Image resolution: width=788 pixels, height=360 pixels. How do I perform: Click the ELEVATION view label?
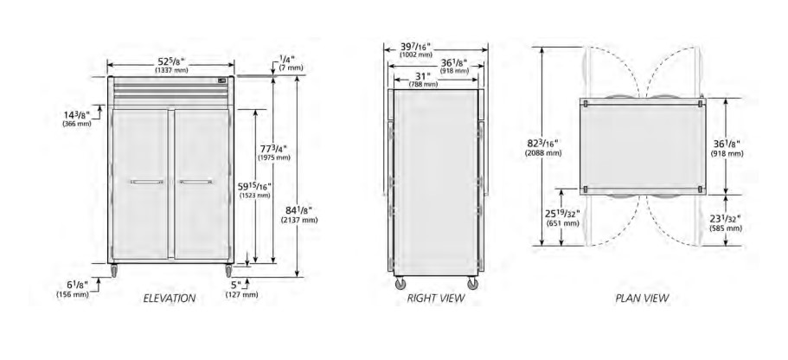(x=170, y=299)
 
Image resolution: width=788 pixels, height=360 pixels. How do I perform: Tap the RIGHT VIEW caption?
(x=436, y=299)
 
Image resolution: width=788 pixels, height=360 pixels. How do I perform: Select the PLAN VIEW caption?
(x=643, y=299)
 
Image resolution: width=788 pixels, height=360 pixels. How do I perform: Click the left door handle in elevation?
(x=147, y=182)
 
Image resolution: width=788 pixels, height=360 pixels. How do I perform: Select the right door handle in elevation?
(x=196, y=182)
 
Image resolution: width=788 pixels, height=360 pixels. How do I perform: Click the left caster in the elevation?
(x=114, y=271)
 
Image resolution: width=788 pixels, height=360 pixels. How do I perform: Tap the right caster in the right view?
(x=473, y=284)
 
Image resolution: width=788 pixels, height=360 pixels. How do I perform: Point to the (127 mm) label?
(x=242, y=294)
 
